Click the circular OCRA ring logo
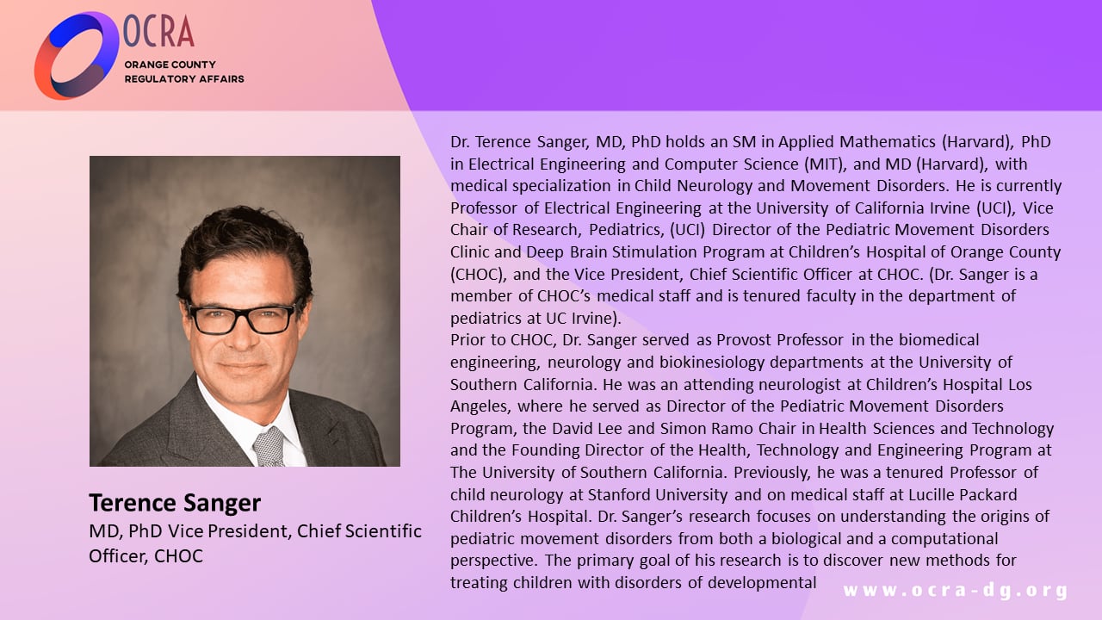pyautogui.click(x=76, y=55)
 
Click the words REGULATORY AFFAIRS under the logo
pyautogui.click(x=184, y=79)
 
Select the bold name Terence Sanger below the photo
pyautogui.click(x=175, y=503)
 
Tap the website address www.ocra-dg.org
pyautogui.click(x=955, y=591)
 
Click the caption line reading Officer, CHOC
pyautogui.click(x=145, y=556)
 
